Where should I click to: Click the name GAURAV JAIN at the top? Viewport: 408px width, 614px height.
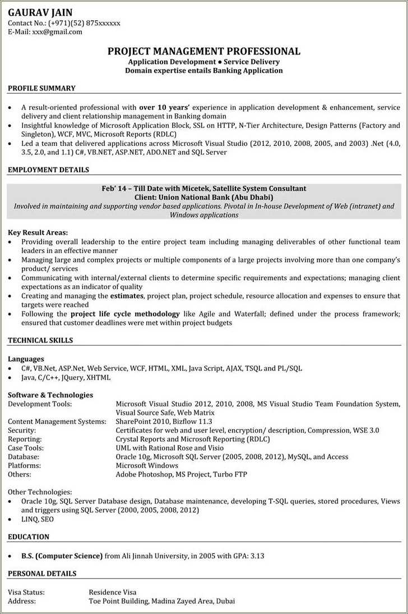coord(40,12)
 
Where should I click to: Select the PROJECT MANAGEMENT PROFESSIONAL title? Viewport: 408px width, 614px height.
coord(204,51)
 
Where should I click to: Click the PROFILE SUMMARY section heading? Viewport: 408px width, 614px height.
coord(41,88)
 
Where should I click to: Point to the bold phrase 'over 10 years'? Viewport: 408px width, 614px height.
coord(164,107)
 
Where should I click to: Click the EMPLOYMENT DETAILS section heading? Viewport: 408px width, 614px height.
coord(48,169)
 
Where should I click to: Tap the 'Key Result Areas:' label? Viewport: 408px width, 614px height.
coord(38,232)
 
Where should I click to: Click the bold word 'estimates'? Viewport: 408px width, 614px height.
coord(127,295)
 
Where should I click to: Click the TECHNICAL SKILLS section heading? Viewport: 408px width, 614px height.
coord(40,340)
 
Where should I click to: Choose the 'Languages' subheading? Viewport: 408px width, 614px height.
coord(26,359)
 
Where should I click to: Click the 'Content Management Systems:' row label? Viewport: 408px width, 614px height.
coord(57,421)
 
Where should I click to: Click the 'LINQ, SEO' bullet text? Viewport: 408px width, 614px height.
coord(38,520)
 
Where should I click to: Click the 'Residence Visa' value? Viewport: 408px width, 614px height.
coord(112,592)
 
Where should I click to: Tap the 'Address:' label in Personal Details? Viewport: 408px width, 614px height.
coord(22,601)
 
